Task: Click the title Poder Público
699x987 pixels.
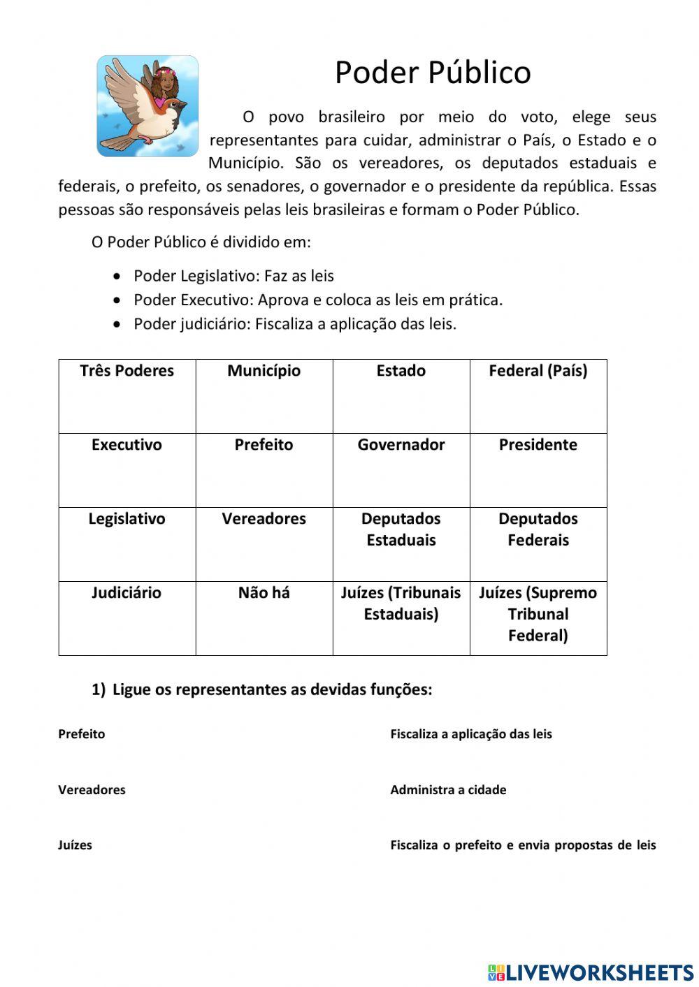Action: pos(433,73)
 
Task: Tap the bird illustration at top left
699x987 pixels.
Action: pos(147,106)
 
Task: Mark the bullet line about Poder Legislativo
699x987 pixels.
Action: pos(233,276)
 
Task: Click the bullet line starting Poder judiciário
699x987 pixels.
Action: pos(294,324)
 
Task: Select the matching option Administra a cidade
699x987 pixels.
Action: pos(448,790)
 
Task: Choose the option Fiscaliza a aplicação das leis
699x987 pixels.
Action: pos(470,734)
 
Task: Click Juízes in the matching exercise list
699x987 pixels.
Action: pos(75,845)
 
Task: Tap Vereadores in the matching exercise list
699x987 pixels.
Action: pos(92,790)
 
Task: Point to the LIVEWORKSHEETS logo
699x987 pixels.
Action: pos(591,972)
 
